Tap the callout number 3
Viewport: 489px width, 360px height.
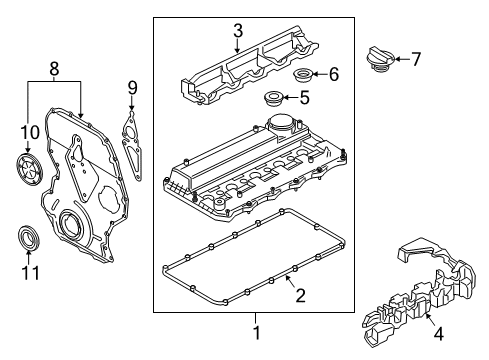(x=237, y=32)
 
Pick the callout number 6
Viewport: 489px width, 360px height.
(x=333, y=74)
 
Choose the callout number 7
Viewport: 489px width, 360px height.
(x=417, y=59)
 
